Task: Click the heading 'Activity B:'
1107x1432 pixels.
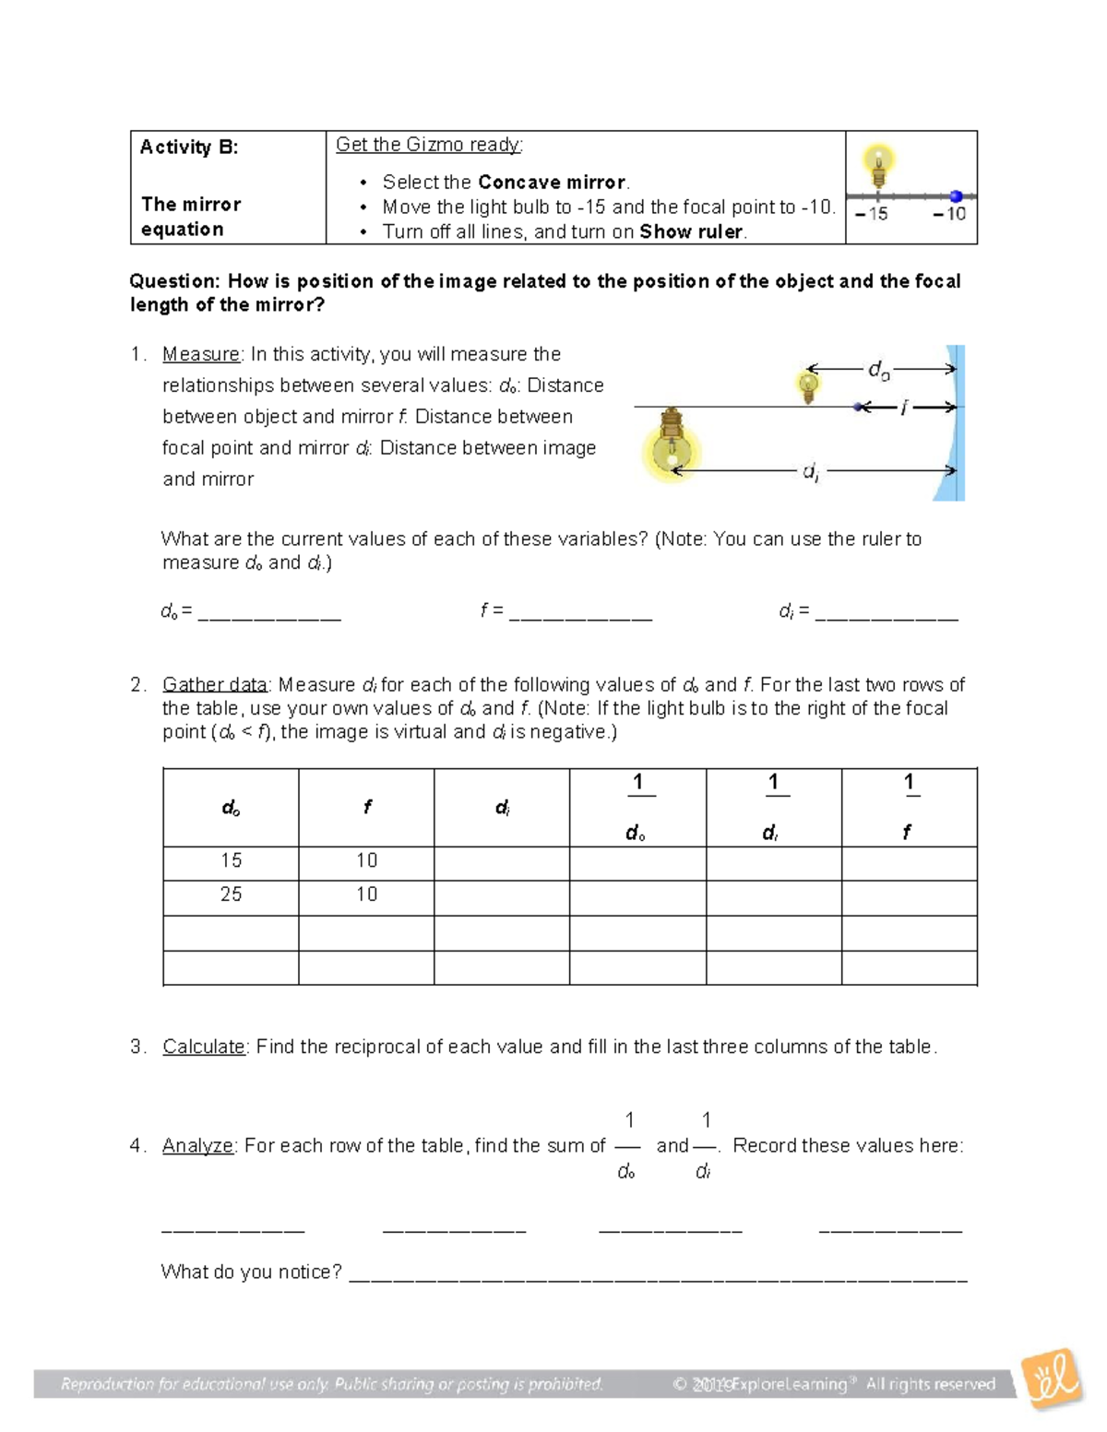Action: (189, 148)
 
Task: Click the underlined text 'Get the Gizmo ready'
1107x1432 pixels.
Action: (428, 145)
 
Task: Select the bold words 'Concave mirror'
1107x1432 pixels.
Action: (552, 183)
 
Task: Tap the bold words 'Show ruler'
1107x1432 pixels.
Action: (692, 232)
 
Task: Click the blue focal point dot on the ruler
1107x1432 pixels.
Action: (957, 196)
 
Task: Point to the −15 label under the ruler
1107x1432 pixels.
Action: (871, 215)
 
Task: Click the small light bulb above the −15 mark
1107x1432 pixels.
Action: (878, 166)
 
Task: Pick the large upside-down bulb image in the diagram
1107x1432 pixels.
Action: (673, 446)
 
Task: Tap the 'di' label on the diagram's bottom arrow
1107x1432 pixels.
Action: (810, 472)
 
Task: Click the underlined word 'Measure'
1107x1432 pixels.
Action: (201, 355)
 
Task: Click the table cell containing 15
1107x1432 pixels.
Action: (231, 861)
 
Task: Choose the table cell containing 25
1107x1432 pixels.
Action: (231, 895)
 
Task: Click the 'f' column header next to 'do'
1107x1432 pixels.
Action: (367, 808)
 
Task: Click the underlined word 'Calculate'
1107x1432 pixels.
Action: (204, 1047)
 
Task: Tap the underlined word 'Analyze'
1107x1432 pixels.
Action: (198, 1146)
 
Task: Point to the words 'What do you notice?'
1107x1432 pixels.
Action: (252, 1272)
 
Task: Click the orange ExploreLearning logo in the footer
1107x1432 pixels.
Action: (1052, 1379)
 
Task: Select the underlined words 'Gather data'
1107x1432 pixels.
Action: (215, 685)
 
